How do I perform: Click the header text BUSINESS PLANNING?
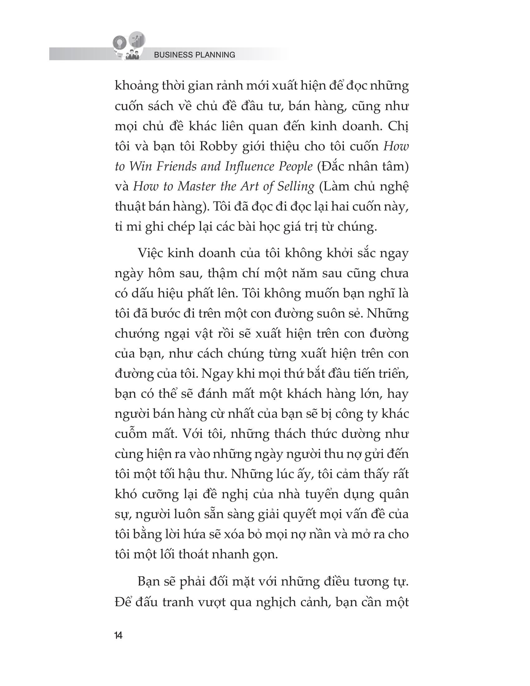pos(194,55)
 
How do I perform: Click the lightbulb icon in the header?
pos(120,43)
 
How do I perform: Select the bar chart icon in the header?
pos(137,39)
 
